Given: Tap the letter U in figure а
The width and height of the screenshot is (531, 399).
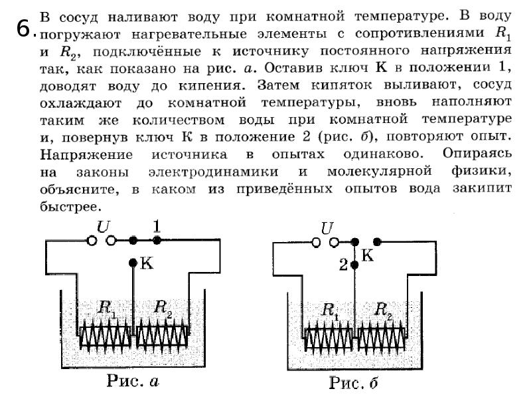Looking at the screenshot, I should [103, 227].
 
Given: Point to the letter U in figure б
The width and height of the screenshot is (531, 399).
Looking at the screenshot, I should [327, 228].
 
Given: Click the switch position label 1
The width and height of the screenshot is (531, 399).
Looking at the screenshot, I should [157, 226].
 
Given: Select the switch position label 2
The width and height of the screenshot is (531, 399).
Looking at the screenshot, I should [342, 265].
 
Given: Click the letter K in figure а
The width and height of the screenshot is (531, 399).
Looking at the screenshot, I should [147, 263].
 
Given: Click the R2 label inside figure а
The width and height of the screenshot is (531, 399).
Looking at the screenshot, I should [163, 307].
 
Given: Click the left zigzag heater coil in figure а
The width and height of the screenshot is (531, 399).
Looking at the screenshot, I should [106, 337].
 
